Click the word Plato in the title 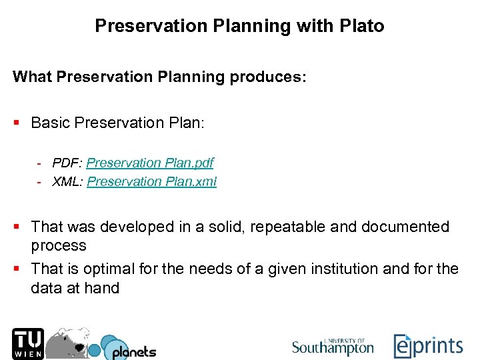362,26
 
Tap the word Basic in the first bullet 51,123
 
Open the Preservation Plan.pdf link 150,163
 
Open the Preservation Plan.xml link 152,181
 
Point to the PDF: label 67,163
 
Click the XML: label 67,181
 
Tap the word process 59,245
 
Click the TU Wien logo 27,343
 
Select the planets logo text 133,351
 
